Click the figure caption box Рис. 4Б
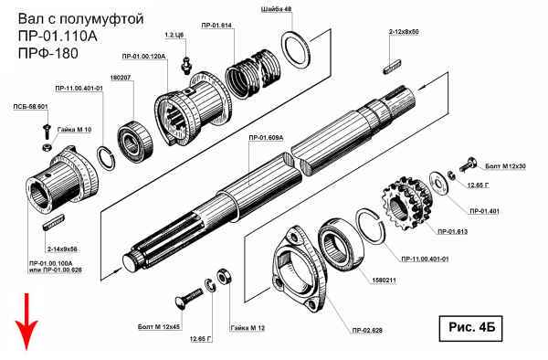470,328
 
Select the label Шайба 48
276,9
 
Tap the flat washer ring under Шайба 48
296,50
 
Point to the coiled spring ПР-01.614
253,74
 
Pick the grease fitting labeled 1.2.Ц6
186,64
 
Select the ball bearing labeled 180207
135,142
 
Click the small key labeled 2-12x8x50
392,67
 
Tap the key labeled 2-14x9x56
54,223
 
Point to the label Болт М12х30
505,166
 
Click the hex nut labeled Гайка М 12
223,277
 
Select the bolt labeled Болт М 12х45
188,298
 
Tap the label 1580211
384,281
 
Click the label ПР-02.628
367,330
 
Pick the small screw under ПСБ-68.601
47,131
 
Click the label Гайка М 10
74,130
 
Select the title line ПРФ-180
47,53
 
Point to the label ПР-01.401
484,211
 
